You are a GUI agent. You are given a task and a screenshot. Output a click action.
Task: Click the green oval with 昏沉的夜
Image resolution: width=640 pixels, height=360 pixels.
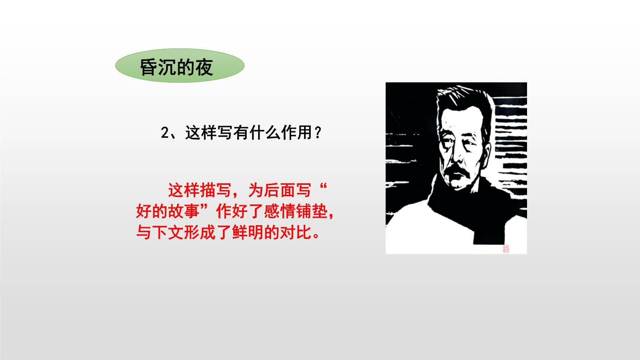click(x=180, y=66)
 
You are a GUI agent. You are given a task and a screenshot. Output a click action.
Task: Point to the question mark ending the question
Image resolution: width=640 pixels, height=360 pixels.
click(x=317, y=133)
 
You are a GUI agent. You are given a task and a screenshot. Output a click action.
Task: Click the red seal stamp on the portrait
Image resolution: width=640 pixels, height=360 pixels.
click(x=506, y=249)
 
